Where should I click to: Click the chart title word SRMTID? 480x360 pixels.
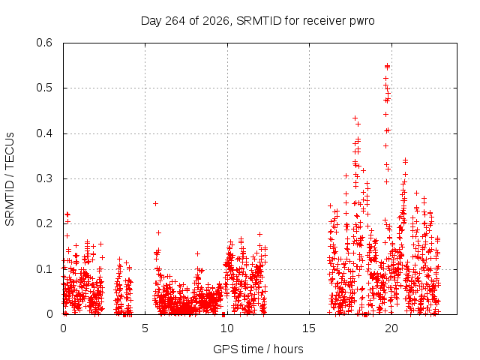tap(259, 21)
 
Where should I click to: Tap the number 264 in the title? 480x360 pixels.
tap(175, 21)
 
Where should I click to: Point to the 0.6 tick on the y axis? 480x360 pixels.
tap(44, 43)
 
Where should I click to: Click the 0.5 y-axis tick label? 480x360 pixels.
tap(44, 88)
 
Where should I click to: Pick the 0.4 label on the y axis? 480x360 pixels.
tap(44, 133)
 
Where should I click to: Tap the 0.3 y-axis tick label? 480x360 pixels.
tap(44, 178)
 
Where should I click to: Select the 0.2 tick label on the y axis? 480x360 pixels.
tap(44, 223)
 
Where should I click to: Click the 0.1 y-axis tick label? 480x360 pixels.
tap(44, 269)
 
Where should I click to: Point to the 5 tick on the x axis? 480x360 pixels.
tap(145, 328)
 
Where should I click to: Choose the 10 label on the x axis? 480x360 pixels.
tap(227, 328)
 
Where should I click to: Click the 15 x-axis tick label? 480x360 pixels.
tap(309, 328)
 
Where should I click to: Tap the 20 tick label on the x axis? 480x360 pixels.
tap(391, 328)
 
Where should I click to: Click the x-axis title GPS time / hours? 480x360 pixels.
tap(258, 349)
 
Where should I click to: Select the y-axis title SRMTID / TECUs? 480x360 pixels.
tap(10, 179)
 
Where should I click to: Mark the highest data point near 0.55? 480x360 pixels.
tap(387, 66)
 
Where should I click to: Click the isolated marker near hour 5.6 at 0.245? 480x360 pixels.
tap(155, 203)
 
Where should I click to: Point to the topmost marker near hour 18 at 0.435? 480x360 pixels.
tap(355, 118)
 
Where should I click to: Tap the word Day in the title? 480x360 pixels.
tap(151, 22)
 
